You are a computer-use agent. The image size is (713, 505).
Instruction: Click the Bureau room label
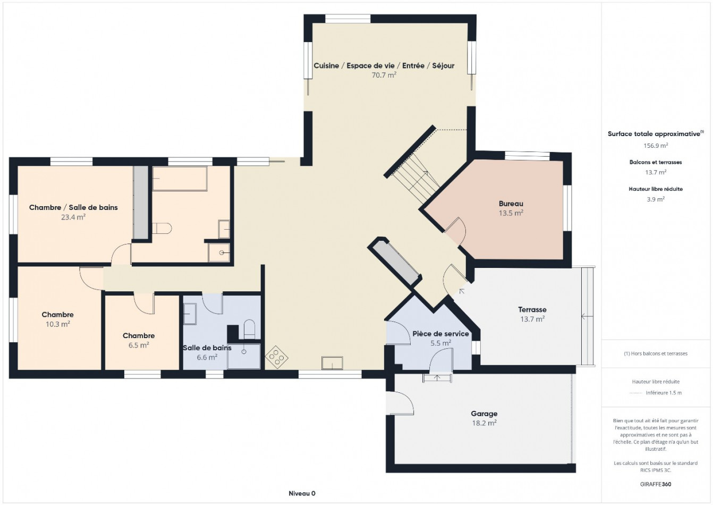(x=511, y=204)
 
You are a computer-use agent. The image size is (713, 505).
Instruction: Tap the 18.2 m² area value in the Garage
(x=484, y=423)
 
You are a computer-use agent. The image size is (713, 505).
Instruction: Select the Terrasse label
(x=532, y=309)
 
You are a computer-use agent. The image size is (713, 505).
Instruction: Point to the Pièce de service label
(x=440, y=334)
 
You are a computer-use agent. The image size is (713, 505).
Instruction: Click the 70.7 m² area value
(x=384, y=75)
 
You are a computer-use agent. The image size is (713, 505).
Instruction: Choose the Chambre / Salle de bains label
(x=73, y=207)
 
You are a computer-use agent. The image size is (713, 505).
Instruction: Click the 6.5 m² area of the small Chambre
(x=138, y=345)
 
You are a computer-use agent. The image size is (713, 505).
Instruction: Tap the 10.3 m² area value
(x=57, y=324)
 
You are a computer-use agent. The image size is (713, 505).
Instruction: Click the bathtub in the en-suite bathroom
(x=180, y=178)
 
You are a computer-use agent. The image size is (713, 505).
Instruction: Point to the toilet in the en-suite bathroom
(x=162, y=229)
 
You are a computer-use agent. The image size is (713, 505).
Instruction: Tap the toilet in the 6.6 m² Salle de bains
(x=249, y=329)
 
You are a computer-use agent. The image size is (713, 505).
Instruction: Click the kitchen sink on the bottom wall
(x=332, y=363)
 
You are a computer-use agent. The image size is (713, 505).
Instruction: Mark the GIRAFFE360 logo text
(x=656, y=484)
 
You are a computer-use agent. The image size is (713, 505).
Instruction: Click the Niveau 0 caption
(x=302, y=493)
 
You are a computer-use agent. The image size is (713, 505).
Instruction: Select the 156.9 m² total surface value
(x=656, y=145)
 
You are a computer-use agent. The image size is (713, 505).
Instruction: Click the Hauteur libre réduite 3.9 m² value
(x=656, y=199)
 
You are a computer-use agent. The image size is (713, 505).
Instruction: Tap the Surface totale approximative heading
(x=654, y=134)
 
